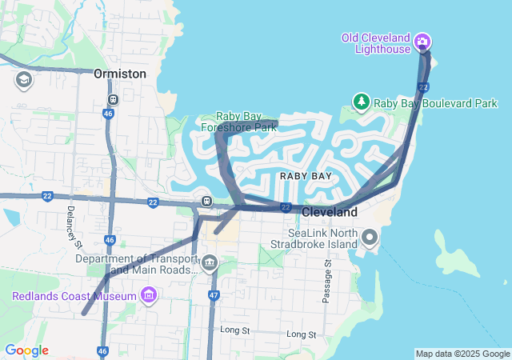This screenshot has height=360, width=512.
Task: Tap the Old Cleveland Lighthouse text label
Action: point(375,43)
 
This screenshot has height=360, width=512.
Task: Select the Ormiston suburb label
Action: point(120,74)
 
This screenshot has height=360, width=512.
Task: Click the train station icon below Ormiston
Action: point(113,100)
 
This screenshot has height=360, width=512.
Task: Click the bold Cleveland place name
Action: point(330,213)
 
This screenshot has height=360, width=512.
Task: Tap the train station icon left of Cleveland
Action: point(206,201)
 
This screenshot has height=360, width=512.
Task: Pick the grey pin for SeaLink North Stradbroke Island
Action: point(370,237)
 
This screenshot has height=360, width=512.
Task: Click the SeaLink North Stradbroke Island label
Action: point(319,238)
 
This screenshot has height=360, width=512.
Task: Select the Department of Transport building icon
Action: point(210,262)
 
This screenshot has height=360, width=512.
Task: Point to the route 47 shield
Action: point(214,295)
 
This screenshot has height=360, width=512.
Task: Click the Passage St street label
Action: point(326,281)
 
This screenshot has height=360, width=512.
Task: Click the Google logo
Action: point(26,350)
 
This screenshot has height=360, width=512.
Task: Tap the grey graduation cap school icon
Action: point(23,80)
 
